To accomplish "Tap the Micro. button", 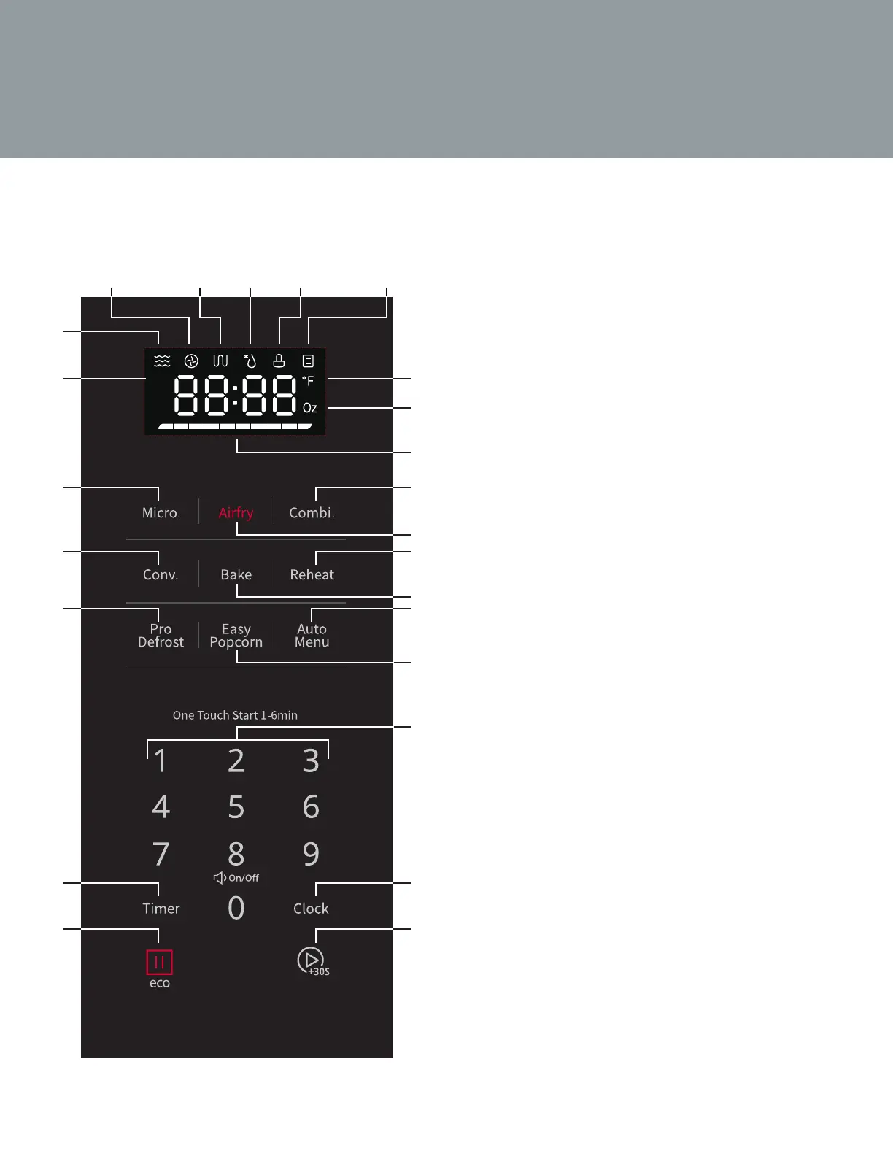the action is point(161,513).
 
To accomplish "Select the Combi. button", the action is point(312,513).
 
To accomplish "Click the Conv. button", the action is point(161,575).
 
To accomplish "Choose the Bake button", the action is point(236,575).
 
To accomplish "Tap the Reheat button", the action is point(312,575).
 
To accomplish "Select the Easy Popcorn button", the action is point(236,636).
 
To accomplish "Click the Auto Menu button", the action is point(312,636).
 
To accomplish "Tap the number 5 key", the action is point(236,807).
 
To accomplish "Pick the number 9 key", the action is point(311,854).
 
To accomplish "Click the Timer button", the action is point(161,909).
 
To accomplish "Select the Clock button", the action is point(311,909).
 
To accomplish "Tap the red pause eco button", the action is point(160,963).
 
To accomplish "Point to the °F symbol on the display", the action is point(308,381).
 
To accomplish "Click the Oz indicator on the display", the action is point(309,408).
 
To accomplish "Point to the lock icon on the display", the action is point(279,361).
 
